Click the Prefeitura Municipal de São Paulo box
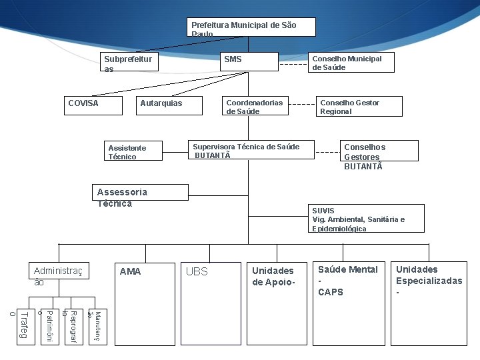(x=249, y=27)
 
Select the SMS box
(x=249, y=61)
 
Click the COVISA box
(x=94, y=105)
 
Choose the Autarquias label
(x=161, y=103)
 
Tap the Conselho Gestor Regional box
(x=359, y=107)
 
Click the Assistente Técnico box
(x=133, y=151)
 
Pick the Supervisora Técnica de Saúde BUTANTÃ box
(x=251, y=150)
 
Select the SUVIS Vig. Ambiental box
(x=366, y=219)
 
